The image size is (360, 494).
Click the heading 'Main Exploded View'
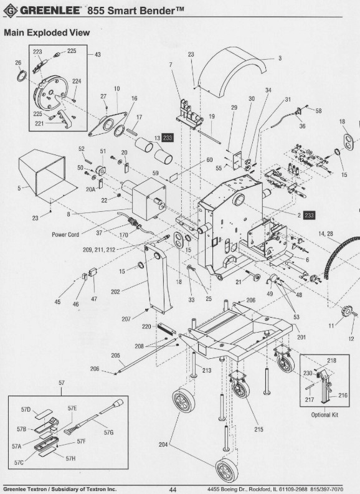[x=47, y=32]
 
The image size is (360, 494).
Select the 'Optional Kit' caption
[x=324, y=415]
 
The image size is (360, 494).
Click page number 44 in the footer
[x=173, y=490]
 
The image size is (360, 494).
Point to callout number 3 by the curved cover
[x=280, y=59]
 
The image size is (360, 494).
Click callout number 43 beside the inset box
[x=98, y=55]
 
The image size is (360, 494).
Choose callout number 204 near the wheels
[x=164, y=445]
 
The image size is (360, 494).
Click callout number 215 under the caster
[x=258, y=429]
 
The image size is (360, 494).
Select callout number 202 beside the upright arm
[x=133, y=291]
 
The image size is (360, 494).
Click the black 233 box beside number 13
[x=168, y=138]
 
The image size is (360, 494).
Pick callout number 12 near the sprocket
[x=351, y=339]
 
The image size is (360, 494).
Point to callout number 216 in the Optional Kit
[x=342, y=395]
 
